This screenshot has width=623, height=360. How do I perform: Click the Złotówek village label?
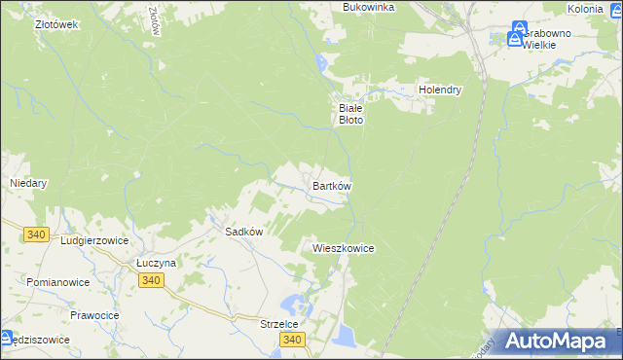55,24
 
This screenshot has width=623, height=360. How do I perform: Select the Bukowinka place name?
368,7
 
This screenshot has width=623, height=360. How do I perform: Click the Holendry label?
439,90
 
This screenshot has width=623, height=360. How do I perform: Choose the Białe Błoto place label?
349,114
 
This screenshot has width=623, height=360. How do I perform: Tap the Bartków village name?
331,185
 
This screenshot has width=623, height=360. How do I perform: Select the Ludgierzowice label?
93,238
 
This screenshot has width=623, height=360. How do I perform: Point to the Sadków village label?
244,232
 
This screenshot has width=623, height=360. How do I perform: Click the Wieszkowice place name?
343,248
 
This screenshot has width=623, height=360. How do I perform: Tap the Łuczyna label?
155,264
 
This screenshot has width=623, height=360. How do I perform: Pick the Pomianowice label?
59,282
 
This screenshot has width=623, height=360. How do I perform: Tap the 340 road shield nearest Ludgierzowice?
38,234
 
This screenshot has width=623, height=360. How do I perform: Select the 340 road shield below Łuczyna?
150,280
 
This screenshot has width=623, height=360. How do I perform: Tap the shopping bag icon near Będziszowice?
6,339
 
